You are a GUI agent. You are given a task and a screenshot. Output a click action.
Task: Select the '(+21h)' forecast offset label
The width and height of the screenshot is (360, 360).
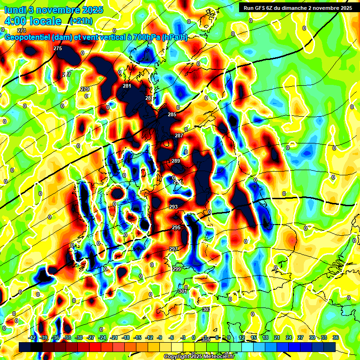(x=81, y=21)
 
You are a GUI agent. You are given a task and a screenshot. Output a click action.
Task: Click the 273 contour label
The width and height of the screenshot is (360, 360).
(x=22, y=30)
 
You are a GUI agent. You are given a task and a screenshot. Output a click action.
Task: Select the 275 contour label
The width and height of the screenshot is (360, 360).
(x=58, y=49)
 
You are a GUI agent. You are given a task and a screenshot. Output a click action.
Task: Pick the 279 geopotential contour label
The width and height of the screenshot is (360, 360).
(x=85, y=89)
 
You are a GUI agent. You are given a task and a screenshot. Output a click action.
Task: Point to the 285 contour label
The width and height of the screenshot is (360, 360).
(x=172, y=115)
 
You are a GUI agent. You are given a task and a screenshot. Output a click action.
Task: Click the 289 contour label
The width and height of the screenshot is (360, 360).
(x=176, y=161)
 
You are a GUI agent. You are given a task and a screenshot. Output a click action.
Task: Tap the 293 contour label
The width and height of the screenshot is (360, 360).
(x=173, y=207)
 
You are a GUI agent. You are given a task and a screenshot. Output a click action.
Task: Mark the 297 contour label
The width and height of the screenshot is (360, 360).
(x=173, y=249)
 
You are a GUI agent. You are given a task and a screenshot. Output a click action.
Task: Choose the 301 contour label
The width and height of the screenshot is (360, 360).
(x=183, y=291)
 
